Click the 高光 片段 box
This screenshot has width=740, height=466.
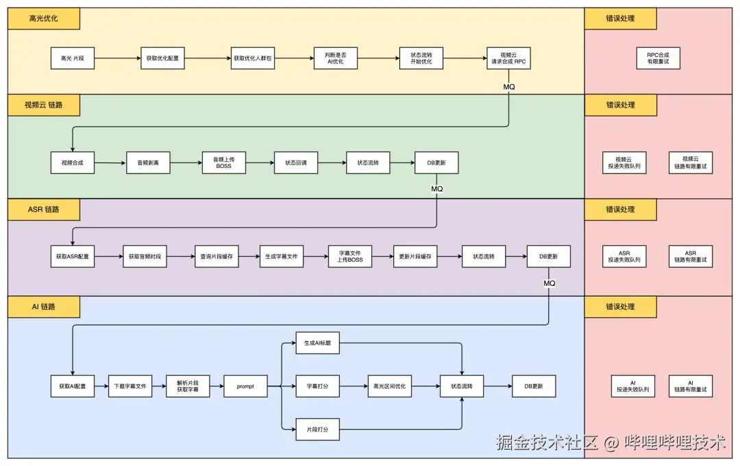pyautogui.click(x=72, y=58)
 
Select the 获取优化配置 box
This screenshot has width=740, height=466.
pyautogui.click(x=162, y=58)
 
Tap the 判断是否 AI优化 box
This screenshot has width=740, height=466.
pyautogui.click(x=335, y=58)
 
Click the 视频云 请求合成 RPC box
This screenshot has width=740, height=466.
pyautogui.click(x=508, y=58)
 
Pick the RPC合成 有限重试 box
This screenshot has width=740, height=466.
pyautogui.click(x=658, y=58)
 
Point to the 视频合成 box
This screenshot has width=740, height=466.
pyautogui.click(x=72, y=163)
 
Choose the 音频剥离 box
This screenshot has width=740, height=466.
pyautogui.click(x=148, y=163)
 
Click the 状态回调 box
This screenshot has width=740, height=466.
pyautogui.click(x=296, y=163)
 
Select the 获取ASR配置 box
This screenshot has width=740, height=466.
pyautogui.click(x=72, y=256)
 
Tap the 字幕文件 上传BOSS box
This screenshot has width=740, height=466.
pyautogui.click(x=350, y=256)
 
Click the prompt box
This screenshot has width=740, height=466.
pyautogui.click(x=245, y=387)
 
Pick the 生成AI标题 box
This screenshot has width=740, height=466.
pyautogui.click(x=317, y=343)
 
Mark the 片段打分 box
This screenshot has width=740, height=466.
pyautogui.click(x=317, y=430)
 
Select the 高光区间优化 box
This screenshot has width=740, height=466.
pyautogui.click(x=389, y=387)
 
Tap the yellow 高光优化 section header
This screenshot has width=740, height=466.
pyautogui.click(x=44, y=19)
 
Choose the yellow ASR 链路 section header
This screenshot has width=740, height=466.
pyautogui.click(x=44, y=209)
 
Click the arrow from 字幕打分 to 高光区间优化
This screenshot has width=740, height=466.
pyautogui.click(x=353, y=387)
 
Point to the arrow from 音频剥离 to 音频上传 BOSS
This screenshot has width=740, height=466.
pyautogui.click(x=186, y=163)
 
